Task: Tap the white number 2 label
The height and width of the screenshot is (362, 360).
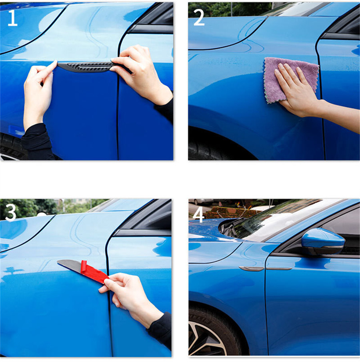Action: click(x=199, y=18)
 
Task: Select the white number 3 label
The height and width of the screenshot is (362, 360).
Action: click(x=11, y=213)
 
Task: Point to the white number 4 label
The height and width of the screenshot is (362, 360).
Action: click(x=198, y=215)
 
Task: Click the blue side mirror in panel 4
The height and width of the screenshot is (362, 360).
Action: click(x=323, y=241)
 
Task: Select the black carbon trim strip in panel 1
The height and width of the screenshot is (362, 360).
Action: click(x=92, y=67)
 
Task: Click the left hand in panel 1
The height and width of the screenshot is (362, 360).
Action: click(x=38, y=92)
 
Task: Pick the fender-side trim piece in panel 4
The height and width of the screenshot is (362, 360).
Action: click(x=251, y=269)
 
